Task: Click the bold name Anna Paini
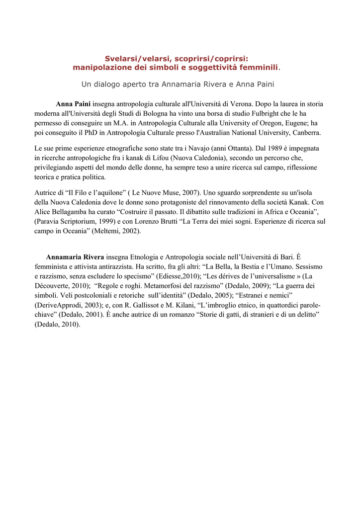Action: [73, 104]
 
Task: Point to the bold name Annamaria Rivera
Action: [75, 257]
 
